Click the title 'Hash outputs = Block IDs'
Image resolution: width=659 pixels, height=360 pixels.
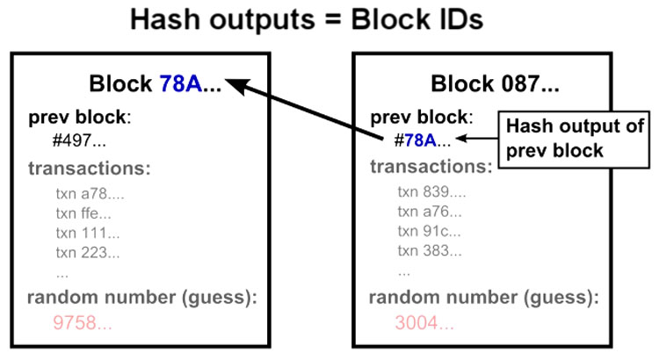329,19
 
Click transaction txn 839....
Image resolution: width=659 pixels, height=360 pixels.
426,192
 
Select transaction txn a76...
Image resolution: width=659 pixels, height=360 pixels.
426,212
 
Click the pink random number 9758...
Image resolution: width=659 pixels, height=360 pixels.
83,323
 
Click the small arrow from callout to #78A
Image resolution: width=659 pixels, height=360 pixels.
474,139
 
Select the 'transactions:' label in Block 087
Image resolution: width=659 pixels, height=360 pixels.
431,167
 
